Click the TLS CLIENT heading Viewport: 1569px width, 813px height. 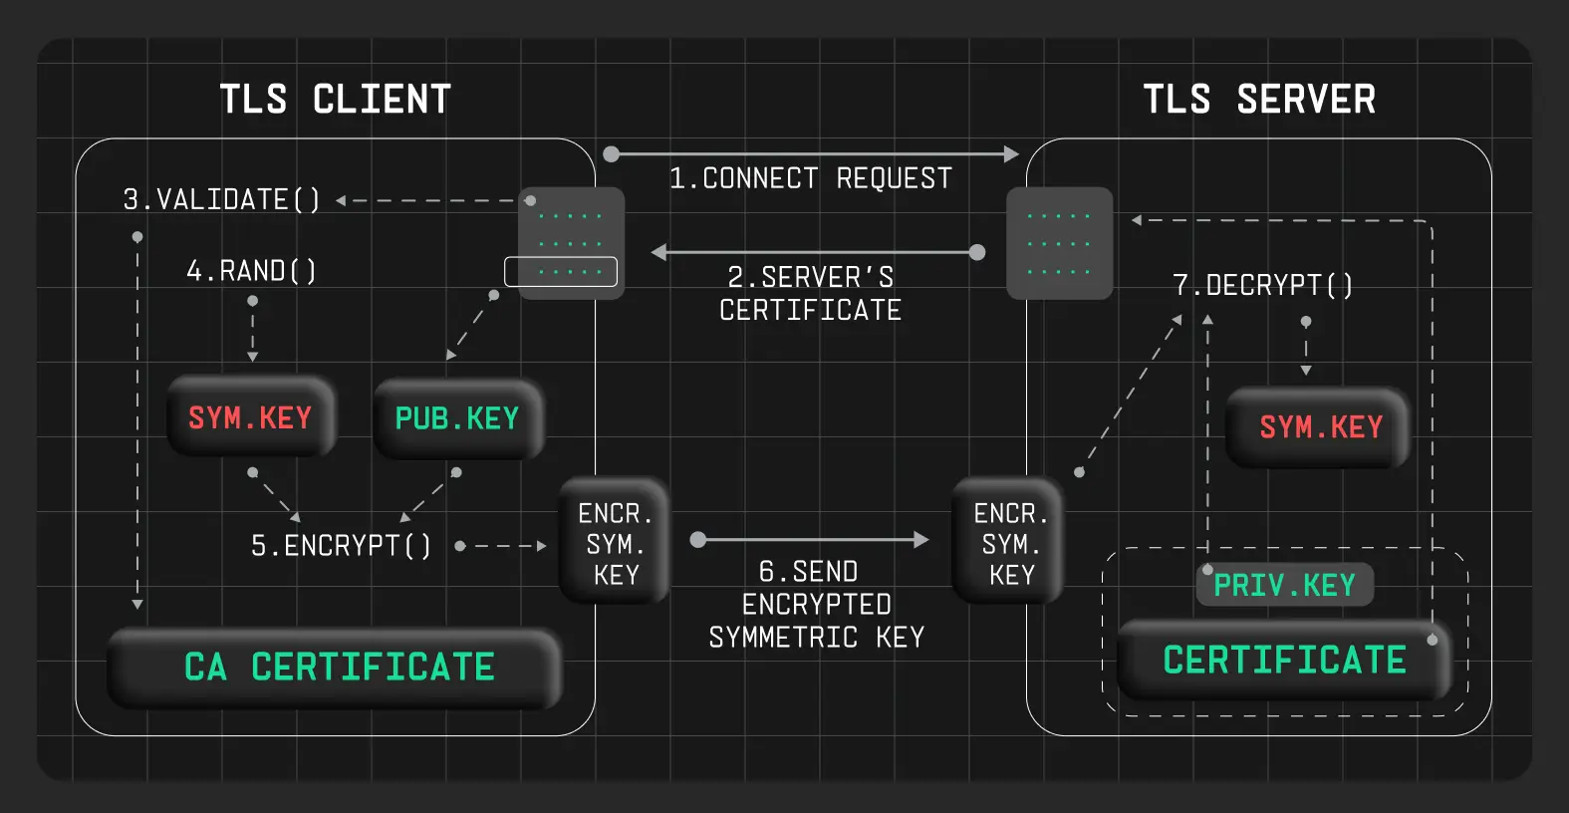tap(336, 100)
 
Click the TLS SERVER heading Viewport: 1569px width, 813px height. tap(1259, 100)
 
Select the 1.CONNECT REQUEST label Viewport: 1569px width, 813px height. tap(810, 178)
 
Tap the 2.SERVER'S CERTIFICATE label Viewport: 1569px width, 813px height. tap(810, 293)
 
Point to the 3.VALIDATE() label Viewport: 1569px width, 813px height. tap(221, 200)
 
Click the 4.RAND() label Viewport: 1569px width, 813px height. tap(251, 271)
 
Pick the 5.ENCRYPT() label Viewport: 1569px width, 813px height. tap(341, 546)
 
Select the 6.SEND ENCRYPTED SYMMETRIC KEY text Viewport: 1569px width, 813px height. tap(816, 604)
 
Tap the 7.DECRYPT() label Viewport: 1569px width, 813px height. tap(1262, 286)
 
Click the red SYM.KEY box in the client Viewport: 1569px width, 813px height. tap(250, 417)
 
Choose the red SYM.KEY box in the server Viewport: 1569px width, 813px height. tap(1320, 427)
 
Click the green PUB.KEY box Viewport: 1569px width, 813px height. tap(457, 418)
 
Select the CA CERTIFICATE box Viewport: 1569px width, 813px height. tap(338, 667)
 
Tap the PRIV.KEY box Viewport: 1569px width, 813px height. tap(1284, 585)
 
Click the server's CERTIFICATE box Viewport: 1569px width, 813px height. tap(1284, 660)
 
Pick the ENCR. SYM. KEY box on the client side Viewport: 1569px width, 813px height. tap(615, 543)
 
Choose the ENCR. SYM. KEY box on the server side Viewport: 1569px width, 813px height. tap(1010, 543)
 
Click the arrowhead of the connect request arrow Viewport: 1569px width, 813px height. tap(1012, 154)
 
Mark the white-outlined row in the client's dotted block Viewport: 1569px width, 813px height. tap(561, 272)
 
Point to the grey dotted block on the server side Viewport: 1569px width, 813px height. tap(1059, 243)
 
